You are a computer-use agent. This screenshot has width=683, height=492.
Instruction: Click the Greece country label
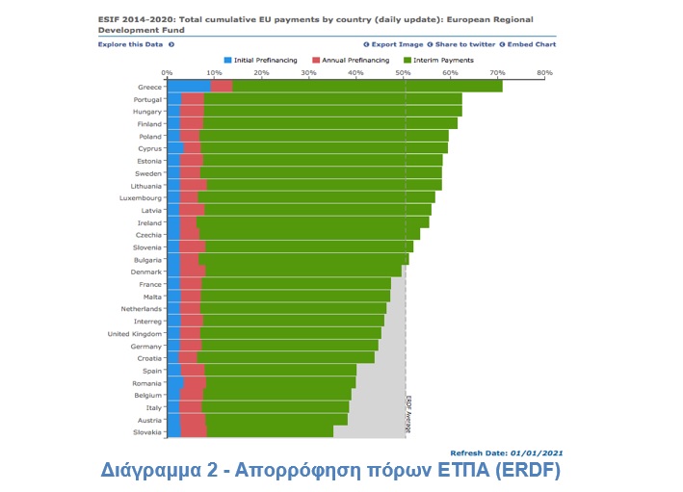coord(148,87)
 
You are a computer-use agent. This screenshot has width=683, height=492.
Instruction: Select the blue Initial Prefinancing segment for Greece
coord(188,87)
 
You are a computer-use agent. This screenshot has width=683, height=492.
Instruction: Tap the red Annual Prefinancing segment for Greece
coord(221,87)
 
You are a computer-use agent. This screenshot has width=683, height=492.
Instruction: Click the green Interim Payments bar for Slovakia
coord(270,431)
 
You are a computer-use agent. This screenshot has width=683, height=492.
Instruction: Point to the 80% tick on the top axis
coord(544,72)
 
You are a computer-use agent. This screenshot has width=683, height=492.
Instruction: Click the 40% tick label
coord(355,72)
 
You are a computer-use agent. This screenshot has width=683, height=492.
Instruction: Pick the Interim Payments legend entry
coord(443,60)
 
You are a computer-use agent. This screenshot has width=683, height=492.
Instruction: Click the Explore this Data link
coord(135,44)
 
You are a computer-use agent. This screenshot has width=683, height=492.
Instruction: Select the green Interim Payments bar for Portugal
coord(332,99)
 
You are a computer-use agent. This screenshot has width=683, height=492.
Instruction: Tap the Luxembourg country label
coord(140,197)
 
